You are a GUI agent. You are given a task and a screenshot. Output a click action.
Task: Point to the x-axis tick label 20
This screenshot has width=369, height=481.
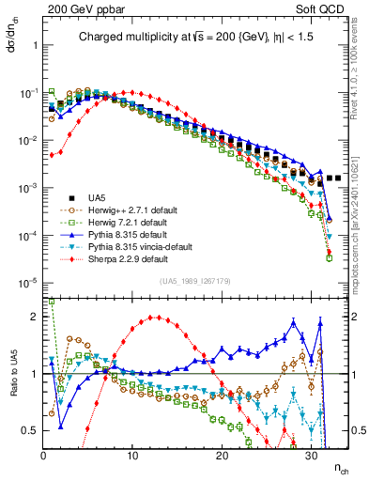click(x=222, y=456)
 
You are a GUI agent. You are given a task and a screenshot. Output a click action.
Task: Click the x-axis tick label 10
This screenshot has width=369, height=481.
click(x=132, y=456)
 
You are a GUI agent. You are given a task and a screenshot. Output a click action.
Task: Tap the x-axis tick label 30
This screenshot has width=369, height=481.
click(x=311, y=456)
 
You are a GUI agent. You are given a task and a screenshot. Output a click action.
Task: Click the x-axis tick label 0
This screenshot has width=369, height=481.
click(x=43, y=456)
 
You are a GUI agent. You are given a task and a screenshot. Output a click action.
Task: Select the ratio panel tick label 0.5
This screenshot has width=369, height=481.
click(x=30, y=430)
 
